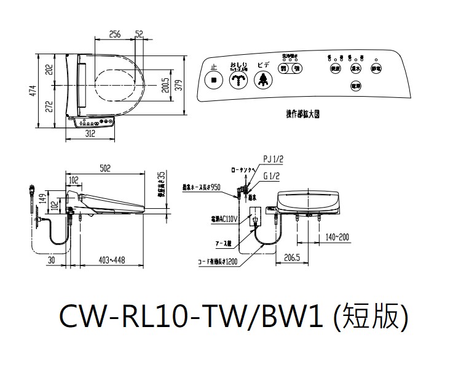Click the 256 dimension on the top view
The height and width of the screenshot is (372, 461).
pos(114,34)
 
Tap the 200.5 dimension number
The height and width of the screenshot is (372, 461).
pos(165,86)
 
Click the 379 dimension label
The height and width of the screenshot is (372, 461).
pos(179,85)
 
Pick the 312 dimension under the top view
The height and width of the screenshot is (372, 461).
pos(92,133)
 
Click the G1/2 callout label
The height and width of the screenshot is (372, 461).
pos(272,175)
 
